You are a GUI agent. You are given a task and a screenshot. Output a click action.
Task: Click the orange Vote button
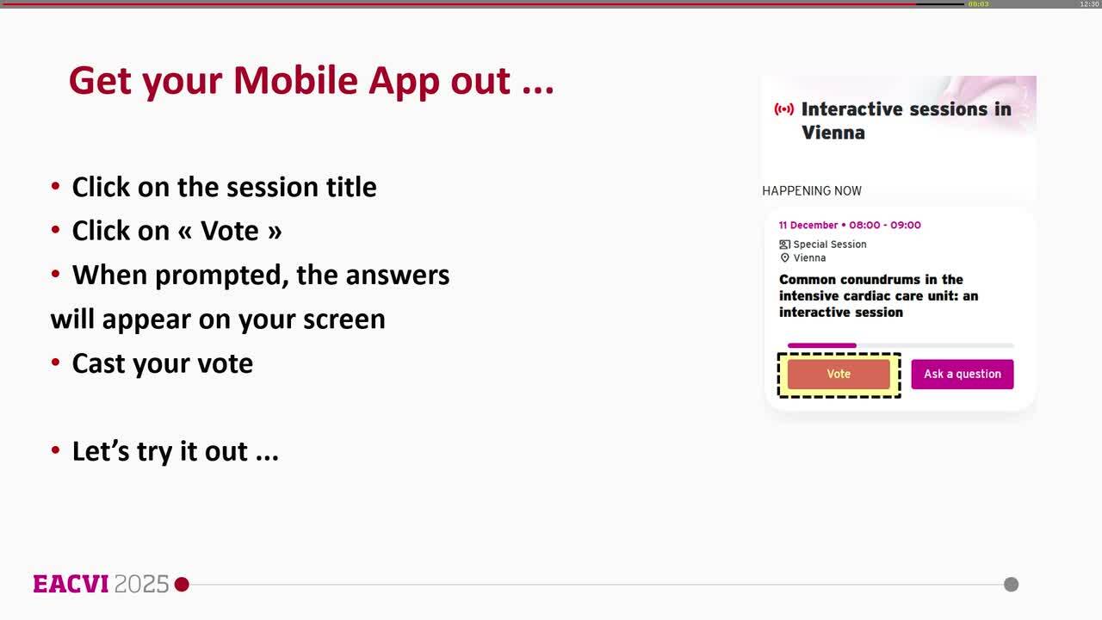click(839, 375)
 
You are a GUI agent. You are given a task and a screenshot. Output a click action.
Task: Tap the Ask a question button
click(962, 375)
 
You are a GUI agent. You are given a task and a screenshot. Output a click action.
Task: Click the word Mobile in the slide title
click(295, 81)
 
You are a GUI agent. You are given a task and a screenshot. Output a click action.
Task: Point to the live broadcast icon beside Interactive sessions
click(783, 109)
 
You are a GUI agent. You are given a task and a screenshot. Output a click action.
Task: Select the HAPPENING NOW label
click(811, 191)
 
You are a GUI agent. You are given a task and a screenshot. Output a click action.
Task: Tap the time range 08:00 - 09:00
click(885, 226)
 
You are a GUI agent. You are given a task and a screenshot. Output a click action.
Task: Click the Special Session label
click(829, 245)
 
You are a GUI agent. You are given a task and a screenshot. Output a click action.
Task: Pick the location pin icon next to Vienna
click(784, 258)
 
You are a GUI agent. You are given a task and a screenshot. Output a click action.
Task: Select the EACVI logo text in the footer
click(71, 585)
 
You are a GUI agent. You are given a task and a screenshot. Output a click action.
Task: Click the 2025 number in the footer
click(141, 585)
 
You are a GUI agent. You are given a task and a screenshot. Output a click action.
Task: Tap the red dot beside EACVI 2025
click(182, 585)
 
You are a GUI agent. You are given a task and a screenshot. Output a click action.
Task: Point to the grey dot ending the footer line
click(1011, 585)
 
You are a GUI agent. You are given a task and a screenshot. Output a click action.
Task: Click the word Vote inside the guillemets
click(229, 231)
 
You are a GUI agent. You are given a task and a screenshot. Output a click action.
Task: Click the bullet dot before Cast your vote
click(56, 363)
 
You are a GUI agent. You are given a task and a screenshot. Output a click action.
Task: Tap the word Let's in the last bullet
click(100, 451)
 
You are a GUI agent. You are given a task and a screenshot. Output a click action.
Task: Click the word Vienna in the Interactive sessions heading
click(833, 133)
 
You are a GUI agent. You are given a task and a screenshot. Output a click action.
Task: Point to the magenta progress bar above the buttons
click(821, 345)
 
